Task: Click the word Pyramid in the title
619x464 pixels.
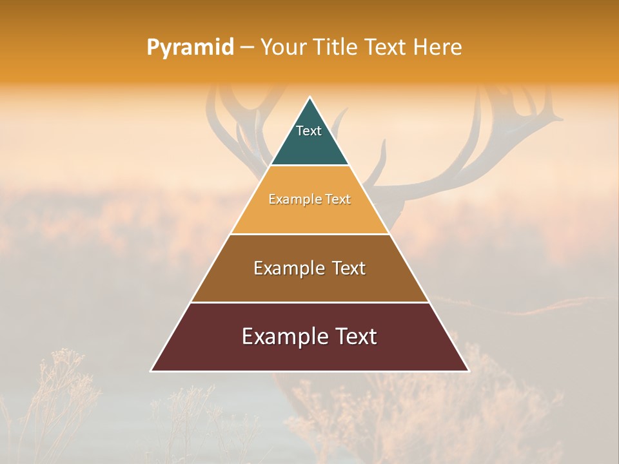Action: coord(190,48)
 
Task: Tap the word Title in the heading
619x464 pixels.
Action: coord(336,48)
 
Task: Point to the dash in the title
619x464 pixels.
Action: coord(246,48)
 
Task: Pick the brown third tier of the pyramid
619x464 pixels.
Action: coord(309,284)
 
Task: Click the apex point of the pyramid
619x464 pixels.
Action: coord(310,98)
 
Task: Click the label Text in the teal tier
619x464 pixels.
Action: coord(309,131)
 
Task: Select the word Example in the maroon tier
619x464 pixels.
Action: coord(283,336)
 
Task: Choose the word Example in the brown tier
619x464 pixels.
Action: coord(288,268)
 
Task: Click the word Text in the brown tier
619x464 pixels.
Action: coord(349,268)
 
